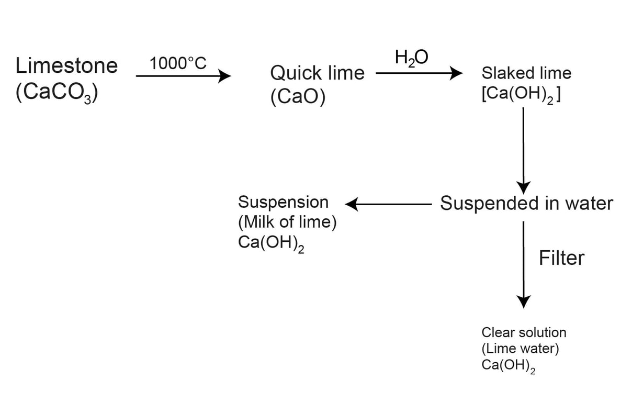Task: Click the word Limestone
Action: pos(66,66)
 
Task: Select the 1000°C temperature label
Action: pos(178,64)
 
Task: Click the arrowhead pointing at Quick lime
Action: pos(224,76)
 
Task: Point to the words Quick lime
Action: pos(317,73)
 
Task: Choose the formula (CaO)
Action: pos(298,98)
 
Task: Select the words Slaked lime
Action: pos(526,73)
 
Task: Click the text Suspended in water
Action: pos(526,203)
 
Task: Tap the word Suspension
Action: pos(283,202)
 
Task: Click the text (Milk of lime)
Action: pos(287,222)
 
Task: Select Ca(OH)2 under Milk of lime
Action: pos(271,244)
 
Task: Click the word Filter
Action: pos(561,258)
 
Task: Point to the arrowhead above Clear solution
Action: pos(524,301)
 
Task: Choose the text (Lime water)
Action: pos(520,349)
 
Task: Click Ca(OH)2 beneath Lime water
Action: pos(508,366)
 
